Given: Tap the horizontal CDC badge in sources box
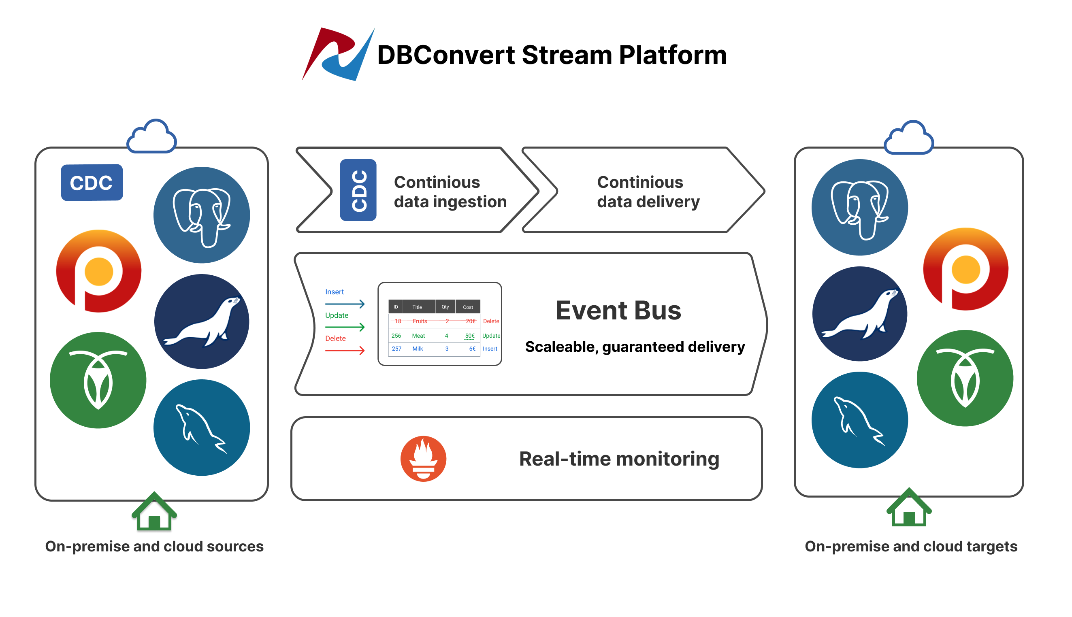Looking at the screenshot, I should pyautogui.click(x=92, y=183).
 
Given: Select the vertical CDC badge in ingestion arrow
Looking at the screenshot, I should pyautogui.click(x=358, y=190).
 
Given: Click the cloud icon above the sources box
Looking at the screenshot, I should pyautogui.click(x=152, y=136).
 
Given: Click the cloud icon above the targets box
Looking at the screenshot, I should pyautogui.click(x=909, y=138).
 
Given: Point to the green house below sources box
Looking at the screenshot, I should pyautogui.click(x=154, y=512).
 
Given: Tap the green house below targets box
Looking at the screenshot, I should pyautogui.click(x=909, y=508).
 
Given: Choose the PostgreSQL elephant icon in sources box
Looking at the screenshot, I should pyautogui.click(x=202, y=215).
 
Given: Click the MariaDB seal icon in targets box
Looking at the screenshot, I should pyautogui.click(x=860, y=314).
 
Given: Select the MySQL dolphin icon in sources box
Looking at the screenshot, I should pyautogui.click(x=202, y=427).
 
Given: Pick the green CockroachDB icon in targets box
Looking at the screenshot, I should pyautogui.click(x=965, y=378).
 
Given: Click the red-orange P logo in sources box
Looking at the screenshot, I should pyautogui.click(x=99, y=271).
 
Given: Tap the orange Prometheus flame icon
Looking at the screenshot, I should pyautogui.click(x=423, y=459).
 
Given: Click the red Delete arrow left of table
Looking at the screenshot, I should pyautogui.click(x=345, y=351).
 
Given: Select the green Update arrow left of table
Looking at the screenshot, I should pyautogui.click(x=345, y=327).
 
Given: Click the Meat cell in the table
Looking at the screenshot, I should pyautogui.click(x=418, y=336).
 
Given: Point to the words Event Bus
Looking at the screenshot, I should pyautogui.click(x=618, y=311).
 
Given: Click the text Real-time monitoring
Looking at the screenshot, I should pyautogui.click(x=619, y=459).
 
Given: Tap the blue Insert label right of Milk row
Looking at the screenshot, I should pyautogui.click(x=490, y=349).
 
